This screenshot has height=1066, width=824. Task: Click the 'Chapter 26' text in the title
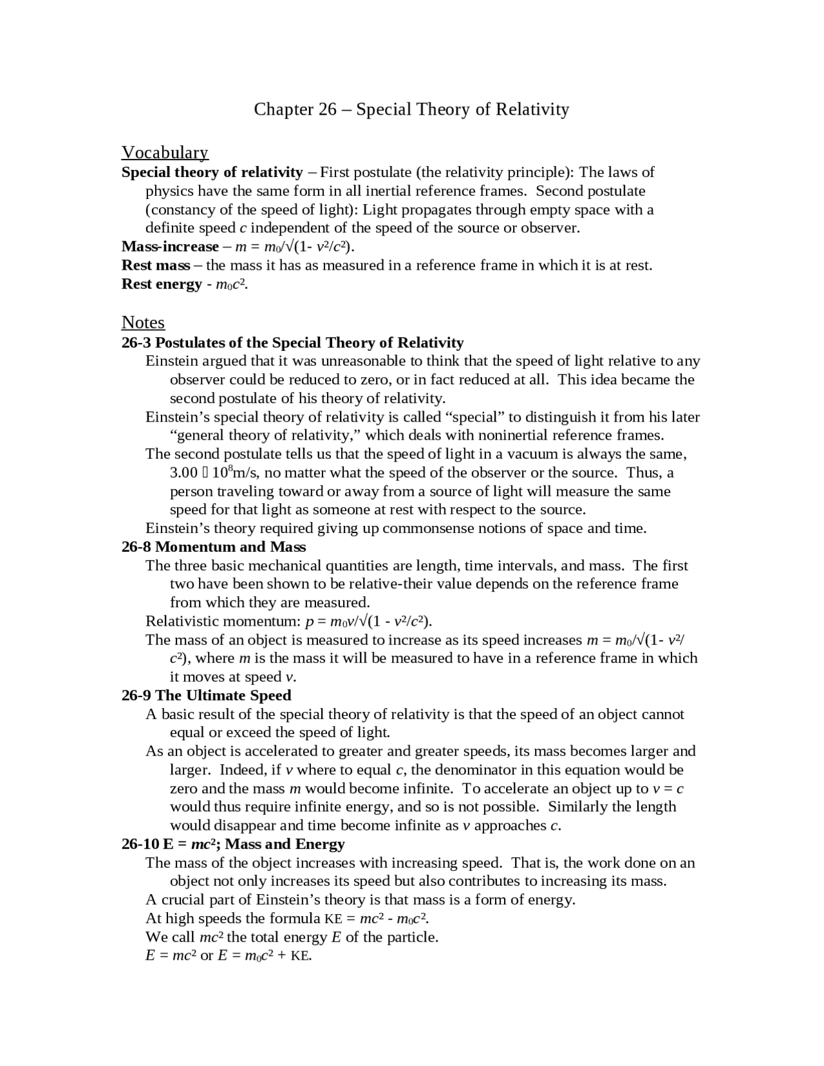pos(295,109)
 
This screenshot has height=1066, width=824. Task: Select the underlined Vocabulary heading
pos(165,153)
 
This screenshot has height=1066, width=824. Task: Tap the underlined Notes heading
pos(143,323)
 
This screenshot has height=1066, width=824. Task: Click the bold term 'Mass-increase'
pos(170,247)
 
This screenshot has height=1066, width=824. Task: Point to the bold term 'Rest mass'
pos(156,265)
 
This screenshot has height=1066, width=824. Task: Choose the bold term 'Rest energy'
pos(162,284)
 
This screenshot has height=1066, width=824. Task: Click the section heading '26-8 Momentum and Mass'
pos(214,547)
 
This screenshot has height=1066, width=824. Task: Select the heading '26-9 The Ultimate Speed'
pos(206,696)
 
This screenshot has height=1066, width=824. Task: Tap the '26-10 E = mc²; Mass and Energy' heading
pos(233,844)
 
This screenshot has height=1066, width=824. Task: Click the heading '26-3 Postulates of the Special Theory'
pos(292,342)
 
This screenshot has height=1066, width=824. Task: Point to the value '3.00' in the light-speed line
pos(183,473)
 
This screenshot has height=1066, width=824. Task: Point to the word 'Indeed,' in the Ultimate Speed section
pos(241,771)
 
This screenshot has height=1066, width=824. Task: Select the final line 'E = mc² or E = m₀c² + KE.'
pos(229,956)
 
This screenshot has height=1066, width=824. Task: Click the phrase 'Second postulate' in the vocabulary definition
pos(590,191)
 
